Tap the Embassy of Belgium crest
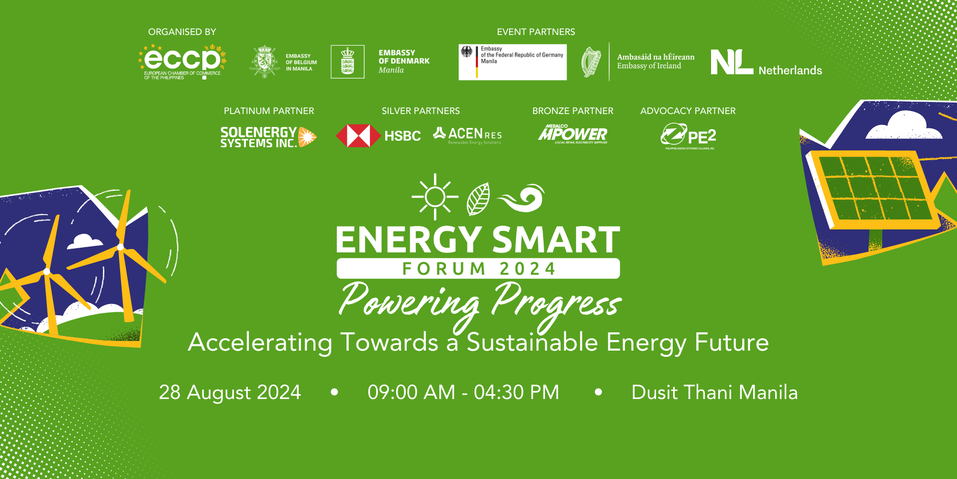tap(265, 62)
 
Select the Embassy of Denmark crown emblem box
tap(347, 62)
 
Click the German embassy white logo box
tap(512, 62)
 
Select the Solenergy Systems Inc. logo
tap(268, 137)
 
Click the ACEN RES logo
tap(467, 135)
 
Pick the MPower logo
tap(573, 135)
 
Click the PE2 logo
tap(688, 136)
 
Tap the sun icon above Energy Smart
tap(435, 197)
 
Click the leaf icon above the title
tap(478, 199)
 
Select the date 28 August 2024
tap(230, 392)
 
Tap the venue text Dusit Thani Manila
tap(714, 392)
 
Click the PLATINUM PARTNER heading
tap(269, 111)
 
